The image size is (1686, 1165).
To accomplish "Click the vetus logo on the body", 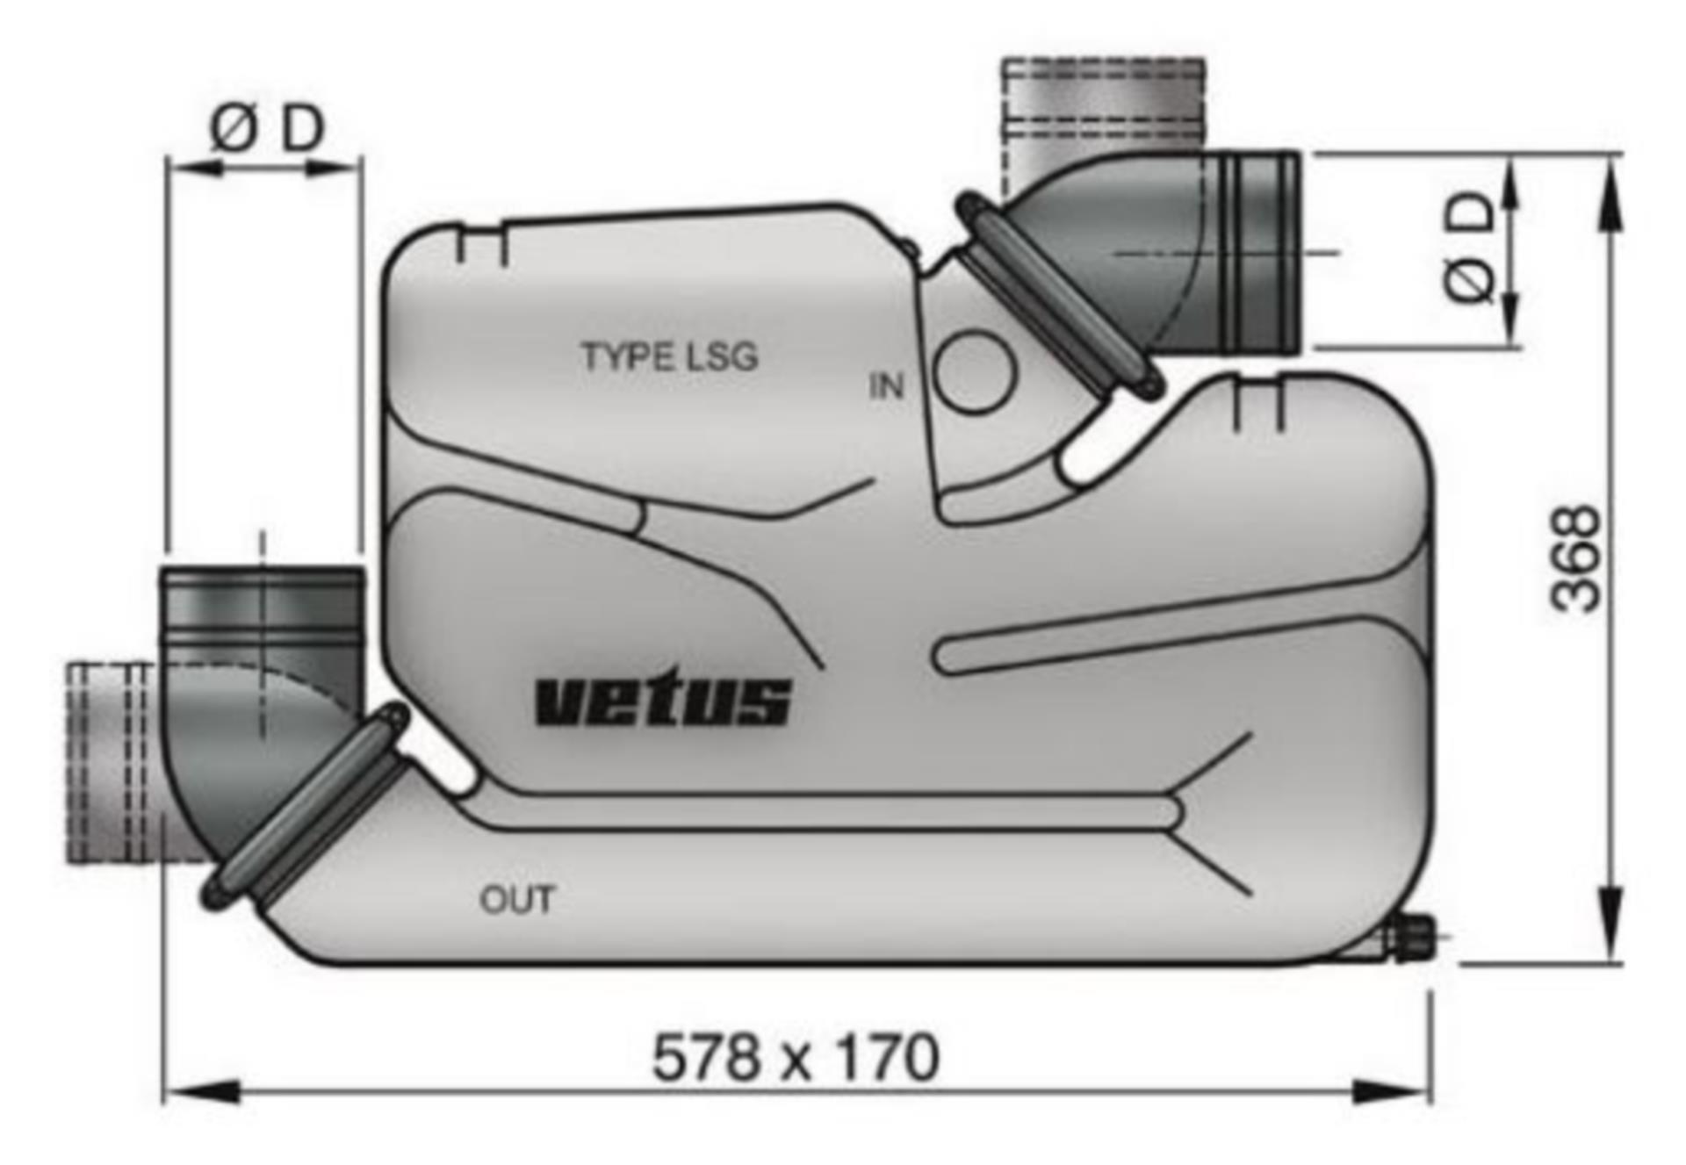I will tap(662, 699).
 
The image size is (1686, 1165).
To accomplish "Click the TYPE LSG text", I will tap(669, 356).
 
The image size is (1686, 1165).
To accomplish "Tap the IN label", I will tap(885, 386).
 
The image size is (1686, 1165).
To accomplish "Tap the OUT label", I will tap(517, 900).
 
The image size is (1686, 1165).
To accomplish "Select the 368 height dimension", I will tap(1576, 558).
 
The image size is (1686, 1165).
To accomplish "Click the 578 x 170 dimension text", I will tap(796, 1057).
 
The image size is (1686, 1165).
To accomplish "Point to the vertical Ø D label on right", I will tap(1469, 248).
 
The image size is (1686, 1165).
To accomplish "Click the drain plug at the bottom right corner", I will tap(1411, 938).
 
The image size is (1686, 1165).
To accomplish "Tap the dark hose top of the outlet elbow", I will tap(261, 606).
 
